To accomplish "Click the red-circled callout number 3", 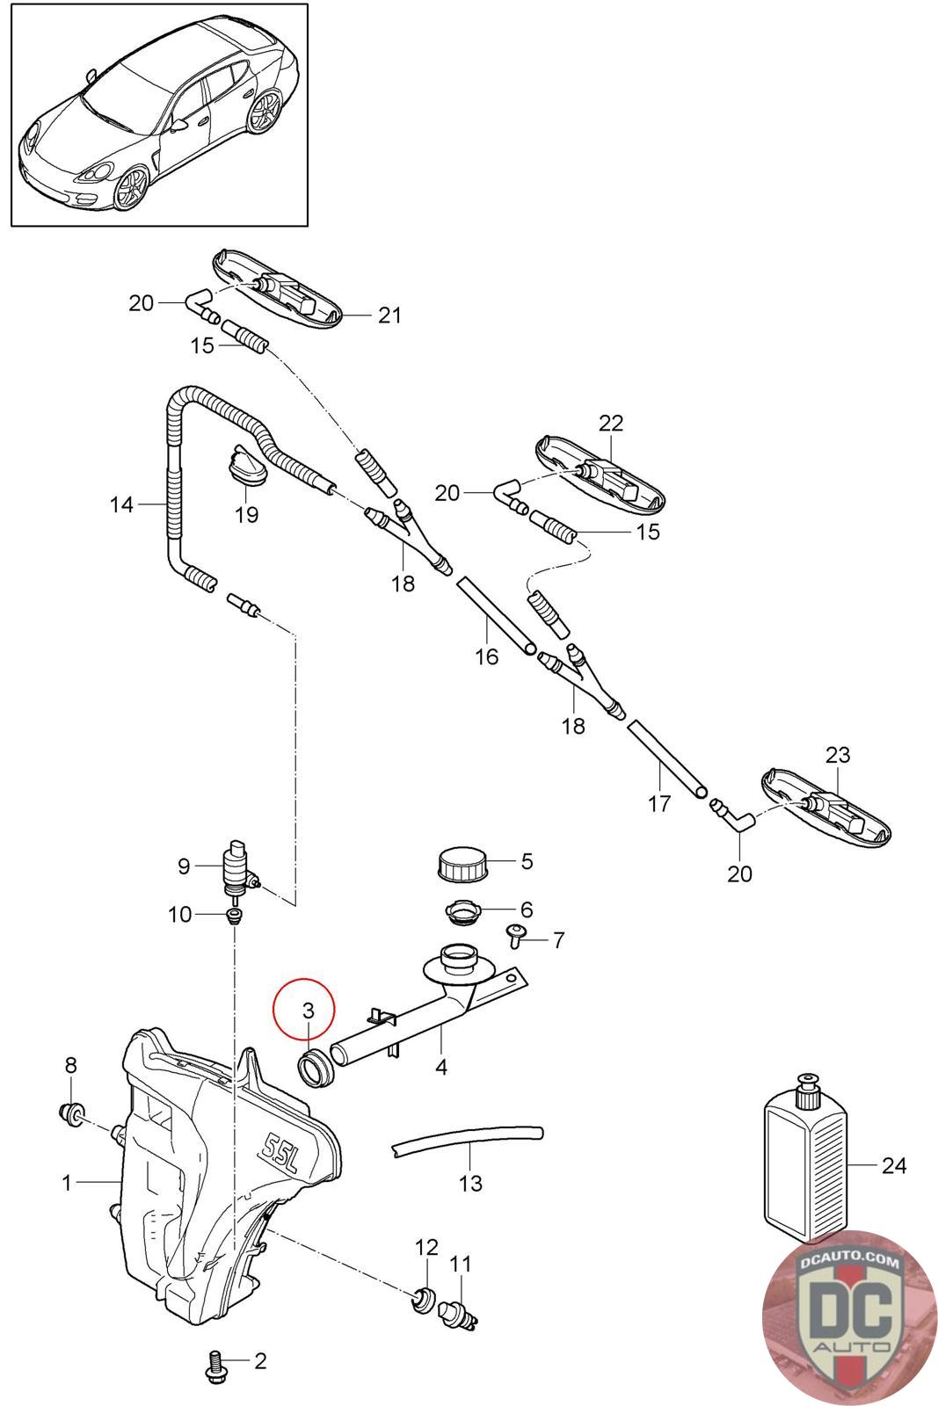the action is [308, 1011].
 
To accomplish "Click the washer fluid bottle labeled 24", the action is [805, 1165].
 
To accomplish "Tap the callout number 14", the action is [122, 504].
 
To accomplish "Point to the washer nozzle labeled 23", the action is [825, 806].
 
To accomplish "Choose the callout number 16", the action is [486, 656].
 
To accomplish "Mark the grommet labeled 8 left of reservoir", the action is [71, 1114].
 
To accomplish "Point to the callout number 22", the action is [610, 423].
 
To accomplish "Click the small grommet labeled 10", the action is [234, 916].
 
